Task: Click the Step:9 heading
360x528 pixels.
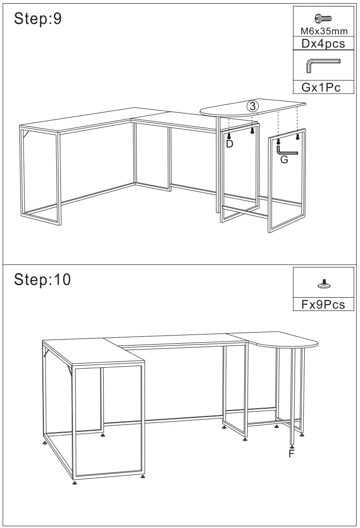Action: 38,19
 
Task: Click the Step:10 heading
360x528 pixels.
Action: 42,279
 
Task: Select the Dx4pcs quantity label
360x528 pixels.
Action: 324,44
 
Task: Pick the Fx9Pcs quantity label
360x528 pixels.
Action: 324,305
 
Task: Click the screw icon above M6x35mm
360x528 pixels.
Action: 324,18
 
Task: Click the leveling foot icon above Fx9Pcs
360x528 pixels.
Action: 325,285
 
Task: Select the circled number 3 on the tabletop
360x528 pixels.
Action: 252,106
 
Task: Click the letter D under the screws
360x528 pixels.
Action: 230,144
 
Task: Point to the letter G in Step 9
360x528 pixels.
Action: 284,160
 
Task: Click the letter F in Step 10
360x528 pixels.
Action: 291,454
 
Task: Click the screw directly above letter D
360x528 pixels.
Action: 229,135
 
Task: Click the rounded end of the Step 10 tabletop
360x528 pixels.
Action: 304,343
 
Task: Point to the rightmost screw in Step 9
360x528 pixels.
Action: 297,136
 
